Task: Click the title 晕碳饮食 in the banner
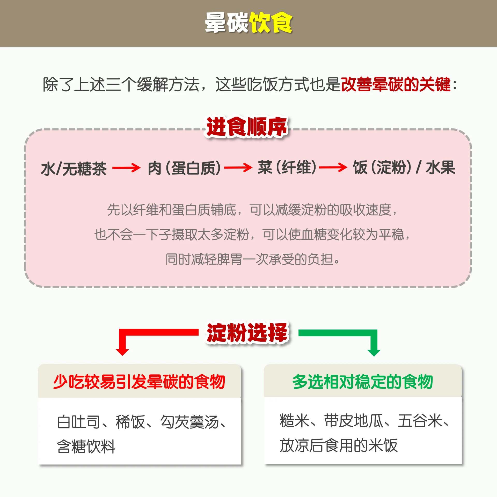248,23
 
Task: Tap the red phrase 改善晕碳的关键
396,84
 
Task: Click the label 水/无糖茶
74,169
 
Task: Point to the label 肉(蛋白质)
184,168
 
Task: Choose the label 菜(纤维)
287,167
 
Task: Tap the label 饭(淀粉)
382,167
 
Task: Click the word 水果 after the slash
441,167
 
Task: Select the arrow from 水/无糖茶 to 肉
126,168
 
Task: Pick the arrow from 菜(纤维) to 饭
333,167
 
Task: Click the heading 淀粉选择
247,333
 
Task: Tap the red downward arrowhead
122,352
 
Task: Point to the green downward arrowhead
374,352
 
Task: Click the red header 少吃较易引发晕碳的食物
139,382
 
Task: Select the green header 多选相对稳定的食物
363,382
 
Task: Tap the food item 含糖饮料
86,446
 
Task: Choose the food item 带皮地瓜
354,420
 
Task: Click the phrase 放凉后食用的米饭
339,445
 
